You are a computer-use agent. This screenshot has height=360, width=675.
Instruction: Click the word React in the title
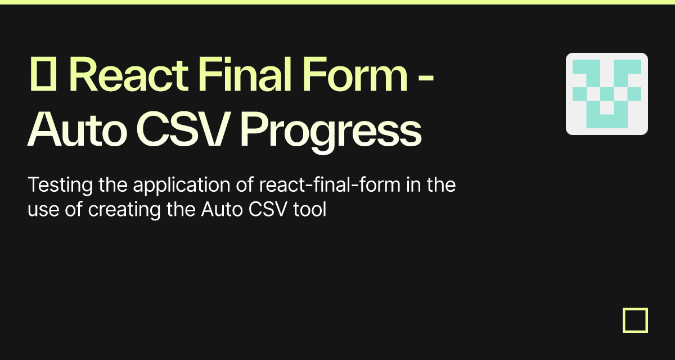(130, 74)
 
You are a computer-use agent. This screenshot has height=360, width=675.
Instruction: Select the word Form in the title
(355, 74)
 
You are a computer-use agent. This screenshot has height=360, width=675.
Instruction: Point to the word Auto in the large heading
(77, 129)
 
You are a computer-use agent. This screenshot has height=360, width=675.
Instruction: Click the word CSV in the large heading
(182, 129)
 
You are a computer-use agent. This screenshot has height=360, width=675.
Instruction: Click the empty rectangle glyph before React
(43, 74)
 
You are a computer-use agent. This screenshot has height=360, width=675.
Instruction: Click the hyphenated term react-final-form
(330, 184)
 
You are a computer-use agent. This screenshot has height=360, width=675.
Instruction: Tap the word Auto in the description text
(222, 209)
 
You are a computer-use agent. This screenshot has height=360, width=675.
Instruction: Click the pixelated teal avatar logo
(607, 94)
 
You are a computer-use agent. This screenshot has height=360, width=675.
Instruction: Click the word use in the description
(43, 210)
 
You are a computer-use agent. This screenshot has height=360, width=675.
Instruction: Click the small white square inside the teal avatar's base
(607, 108)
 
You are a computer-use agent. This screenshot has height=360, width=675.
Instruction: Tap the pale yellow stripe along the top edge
(337, 2)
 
